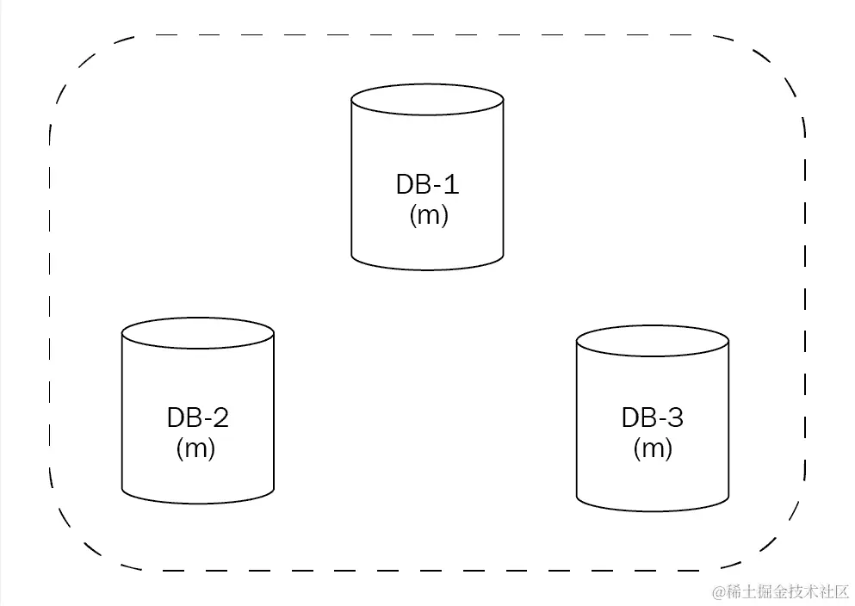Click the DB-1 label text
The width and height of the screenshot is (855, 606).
pos(428,185)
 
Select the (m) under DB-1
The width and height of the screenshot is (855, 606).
pos(429,214)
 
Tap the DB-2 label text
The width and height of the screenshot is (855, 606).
pos(197,418)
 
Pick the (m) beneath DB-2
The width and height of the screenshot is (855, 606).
pos(195,448)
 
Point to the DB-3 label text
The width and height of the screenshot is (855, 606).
pos(652,418)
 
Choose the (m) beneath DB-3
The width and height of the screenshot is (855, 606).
pos(652,448)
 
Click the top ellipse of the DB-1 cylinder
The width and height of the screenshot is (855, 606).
pos(427,96)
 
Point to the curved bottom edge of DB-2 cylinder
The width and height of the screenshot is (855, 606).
pos(197,500)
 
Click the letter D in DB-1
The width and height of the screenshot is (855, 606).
pos(405,185)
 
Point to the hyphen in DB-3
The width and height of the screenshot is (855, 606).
pos(660,421)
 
